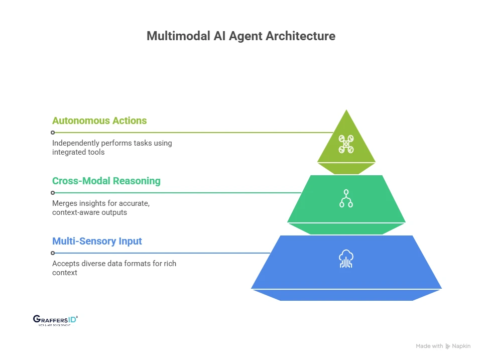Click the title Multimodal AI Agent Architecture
click(x=241, y=37)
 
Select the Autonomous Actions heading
click(x=99, y=121)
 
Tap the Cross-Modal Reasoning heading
click(x=106, y=181)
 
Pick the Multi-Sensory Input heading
click(x=97, y=241)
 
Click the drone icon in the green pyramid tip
click(x=346, y=144)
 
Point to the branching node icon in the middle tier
click(x=346, y=198)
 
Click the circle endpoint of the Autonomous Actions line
click(x=52, y=133)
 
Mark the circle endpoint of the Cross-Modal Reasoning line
click(x=52, y=193)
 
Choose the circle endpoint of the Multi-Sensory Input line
click(x=52, y=253)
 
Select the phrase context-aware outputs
click(x=90, y=212)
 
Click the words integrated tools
click(x=78, y=152)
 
